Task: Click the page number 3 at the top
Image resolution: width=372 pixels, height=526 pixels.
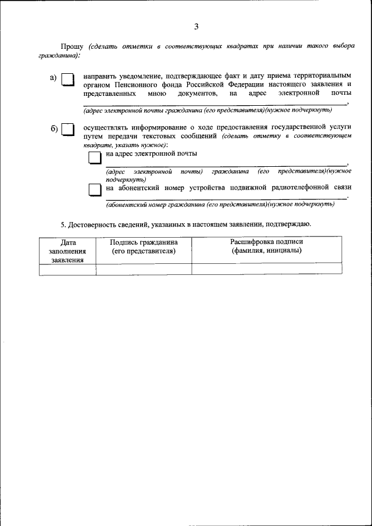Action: click(196, 26)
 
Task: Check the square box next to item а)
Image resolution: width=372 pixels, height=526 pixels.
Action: click(68, 80)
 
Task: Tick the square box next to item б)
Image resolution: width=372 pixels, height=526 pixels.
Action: click(68, 129)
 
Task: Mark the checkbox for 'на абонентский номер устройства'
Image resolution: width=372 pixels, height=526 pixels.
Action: click(95, 190)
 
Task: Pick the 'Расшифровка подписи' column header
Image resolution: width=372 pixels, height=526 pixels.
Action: click(267, 246)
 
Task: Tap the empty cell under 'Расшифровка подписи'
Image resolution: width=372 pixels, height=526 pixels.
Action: click(267, 269)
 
